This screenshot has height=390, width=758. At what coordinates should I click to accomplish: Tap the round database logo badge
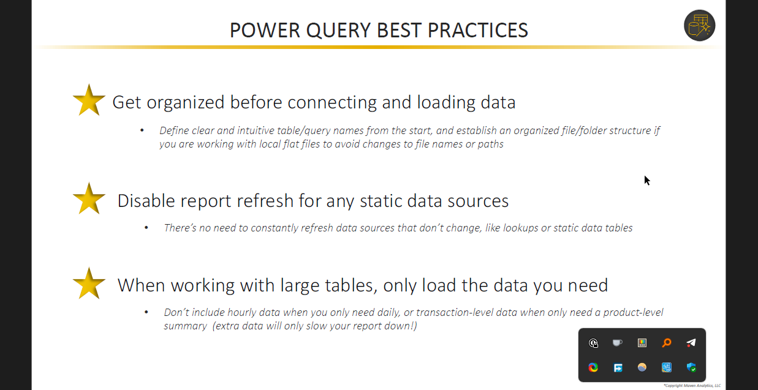(699, 25)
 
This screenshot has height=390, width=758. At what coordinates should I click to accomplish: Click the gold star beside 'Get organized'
(89, 100)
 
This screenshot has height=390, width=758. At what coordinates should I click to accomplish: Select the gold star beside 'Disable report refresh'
(89, 199)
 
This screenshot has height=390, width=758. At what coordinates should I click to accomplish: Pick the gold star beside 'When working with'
(89, 283)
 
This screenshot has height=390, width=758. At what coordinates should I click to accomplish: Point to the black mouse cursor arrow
(647, 181)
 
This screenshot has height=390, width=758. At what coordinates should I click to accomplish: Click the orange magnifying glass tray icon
(667, 343)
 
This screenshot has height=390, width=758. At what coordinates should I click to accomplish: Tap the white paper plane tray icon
(691, 343)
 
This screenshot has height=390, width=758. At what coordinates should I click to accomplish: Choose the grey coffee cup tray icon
(618, 343)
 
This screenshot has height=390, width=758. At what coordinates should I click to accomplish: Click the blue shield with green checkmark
(691, 367)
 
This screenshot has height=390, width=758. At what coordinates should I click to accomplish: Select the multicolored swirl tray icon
(593, 367)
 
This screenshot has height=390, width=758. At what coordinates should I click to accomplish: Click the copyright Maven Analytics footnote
(692, 386)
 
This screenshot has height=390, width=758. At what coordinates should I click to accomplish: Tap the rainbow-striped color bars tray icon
(642, 343)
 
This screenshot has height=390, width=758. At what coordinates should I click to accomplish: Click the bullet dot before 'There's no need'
(146, 228)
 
